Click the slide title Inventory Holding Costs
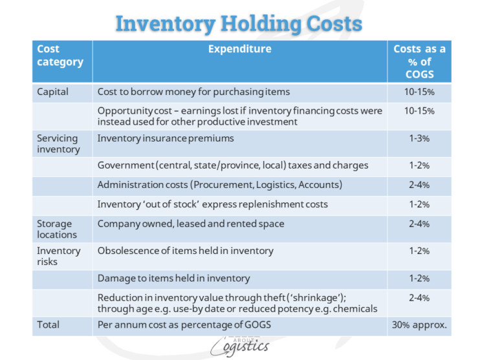point(239,23)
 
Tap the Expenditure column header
point(240,49)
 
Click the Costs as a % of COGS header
point(419,61)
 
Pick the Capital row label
point(53,92)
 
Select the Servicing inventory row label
point(58,143)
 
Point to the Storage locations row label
point(57,229)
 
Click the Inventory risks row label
point(58,256)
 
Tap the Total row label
point(49,324)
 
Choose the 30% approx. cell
point(419,324)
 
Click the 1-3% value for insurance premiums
point(419,138)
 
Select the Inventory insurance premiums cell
point(166,138)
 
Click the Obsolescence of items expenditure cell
point(185,251)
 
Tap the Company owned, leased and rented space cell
point(191,224)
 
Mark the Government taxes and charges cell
point(233,165)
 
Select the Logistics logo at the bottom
point(239,346)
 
